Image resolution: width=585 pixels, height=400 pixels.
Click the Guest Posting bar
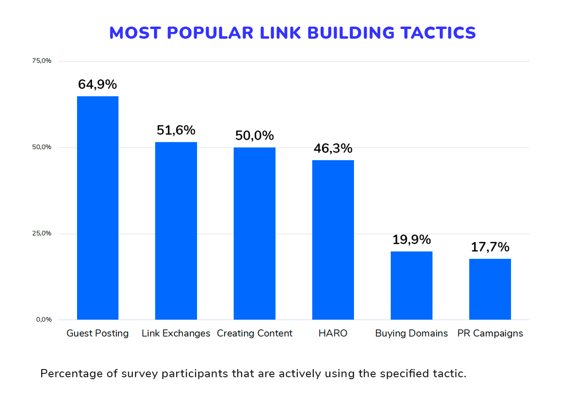coord(97,208)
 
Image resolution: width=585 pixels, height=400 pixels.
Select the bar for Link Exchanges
coord(176,231)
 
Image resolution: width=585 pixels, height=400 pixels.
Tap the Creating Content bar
coord(254,233)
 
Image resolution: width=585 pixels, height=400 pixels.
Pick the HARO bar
coord(333,239)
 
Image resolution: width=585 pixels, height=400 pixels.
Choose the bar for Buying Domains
coord(411,285)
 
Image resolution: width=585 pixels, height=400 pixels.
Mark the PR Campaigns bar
coord(490,289)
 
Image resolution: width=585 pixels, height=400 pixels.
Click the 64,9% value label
coord(97,85)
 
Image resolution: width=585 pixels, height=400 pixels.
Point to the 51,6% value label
coord(176,130)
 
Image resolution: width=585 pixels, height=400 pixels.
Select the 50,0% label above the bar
coord(254,136)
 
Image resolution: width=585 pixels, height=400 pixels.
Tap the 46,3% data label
coord(333,148)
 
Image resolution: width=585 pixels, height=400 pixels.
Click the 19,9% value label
coord(411,240)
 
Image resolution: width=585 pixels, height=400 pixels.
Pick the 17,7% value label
coord(490,247)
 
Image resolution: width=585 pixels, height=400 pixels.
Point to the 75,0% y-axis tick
coord(42,61)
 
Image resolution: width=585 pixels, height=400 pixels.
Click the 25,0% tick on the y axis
coord(42,234)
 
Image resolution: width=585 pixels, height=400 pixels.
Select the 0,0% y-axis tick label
coord(44,320)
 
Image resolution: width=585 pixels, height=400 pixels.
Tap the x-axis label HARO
coord(333,334)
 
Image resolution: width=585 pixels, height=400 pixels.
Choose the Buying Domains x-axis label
coord(411,334)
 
